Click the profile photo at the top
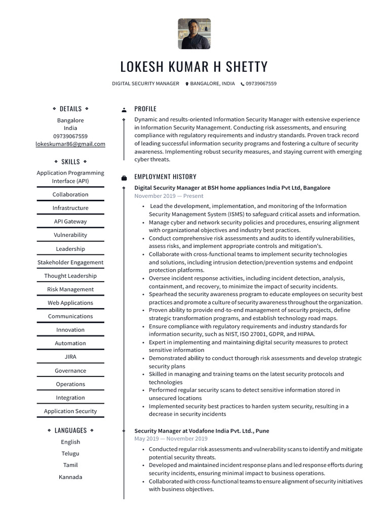[194, 34]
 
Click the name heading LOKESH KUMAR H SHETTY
[194, 67]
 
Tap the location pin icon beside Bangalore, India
[187, 84]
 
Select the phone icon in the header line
[242, 84]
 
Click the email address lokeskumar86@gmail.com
[70, 144]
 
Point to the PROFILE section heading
[145, 109]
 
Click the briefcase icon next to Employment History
[124, 178]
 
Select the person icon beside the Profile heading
[124, 109]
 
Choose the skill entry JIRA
[70, 357]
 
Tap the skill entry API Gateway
[70, 222]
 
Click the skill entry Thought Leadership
[70, 276]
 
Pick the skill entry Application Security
[70, 411]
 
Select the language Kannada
[70, 477]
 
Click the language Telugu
[70, 454]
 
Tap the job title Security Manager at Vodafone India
[202, 431]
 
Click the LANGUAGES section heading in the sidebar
[70, 430]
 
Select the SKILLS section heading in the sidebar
[70, 162]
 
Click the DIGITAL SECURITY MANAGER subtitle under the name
[145, 84]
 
